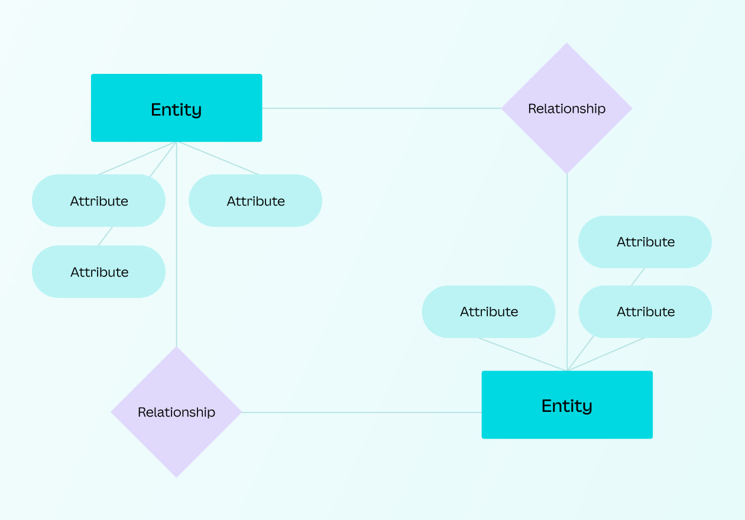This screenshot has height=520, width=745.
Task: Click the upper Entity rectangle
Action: pos(176,108)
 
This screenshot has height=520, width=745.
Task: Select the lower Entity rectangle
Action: pos(567,405)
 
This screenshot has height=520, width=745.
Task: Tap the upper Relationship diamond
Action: pos(566,108)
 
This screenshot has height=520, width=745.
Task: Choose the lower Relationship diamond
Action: pos(176,412)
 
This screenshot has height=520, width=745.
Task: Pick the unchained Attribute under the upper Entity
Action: pos(255,200)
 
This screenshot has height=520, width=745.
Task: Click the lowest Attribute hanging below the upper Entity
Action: pos(99,271)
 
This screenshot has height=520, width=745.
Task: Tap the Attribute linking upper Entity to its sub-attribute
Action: pos(99,200)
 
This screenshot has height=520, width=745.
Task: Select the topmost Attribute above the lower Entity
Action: pos(645,242)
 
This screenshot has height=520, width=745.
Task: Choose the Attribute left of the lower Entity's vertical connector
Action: pos(488,311)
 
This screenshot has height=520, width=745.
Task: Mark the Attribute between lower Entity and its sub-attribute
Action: pos(645,311)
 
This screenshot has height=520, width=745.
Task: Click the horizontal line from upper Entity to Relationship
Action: pos(381,108)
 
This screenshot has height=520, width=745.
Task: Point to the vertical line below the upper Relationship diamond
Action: pos(567,272)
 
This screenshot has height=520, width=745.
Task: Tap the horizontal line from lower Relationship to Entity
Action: pos(361,412)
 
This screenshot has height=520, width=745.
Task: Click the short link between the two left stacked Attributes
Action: pos(105,236)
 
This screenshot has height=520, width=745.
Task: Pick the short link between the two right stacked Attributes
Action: pos(637,277)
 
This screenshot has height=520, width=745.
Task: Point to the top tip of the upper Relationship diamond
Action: pos(567,45)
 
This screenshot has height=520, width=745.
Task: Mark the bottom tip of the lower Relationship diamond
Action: pos(176,475)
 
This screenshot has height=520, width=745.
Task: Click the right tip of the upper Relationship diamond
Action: pos(630,108)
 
